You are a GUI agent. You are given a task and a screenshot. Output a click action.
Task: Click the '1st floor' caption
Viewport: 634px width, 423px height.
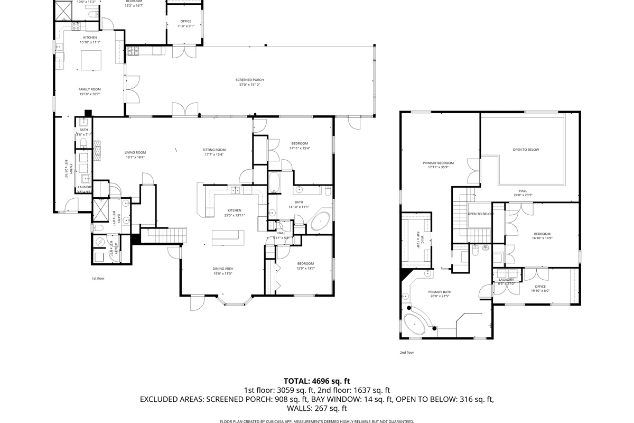coord(98,278)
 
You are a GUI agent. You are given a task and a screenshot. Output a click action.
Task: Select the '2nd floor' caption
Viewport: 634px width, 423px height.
coord(407,352)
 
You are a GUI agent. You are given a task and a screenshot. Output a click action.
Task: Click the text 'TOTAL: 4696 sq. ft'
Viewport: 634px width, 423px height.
coord(317,381)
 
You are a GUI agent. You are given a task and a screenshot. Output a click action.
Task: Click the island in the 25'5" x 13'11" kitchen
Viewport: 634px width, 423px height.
coord(228,238)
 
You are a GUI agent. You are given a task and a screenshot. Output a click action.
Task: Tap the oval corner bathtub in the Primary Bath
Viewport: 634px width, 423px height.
coord(417,323)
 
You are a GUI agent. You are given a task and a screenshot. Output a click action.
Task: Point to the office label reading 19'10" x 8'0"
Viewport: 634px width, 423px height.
coord(539,288)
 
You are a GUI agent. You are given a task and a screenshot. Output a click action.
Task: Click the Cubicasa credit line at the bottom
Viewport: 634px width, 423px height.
coord(317,421)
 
